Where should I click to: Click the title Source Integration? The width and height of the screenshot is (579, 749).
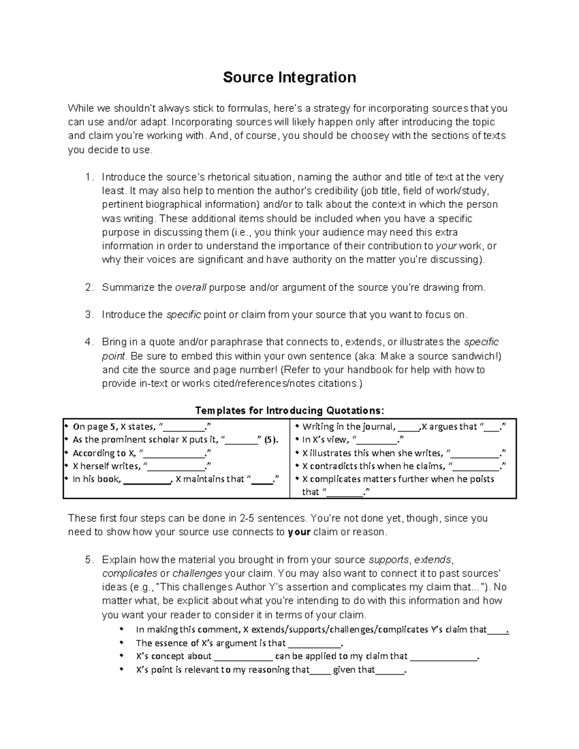(289, 77)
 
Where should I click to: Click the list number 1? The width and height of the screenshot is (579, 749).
(88, 177)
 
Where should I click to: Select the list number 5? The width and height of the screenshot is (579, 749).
(88, 560)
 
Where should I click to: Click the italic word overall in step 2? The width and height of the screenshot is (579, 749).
(190, 287)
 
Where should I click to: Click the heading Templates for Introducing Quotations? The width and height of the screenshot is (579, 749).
(289, 410)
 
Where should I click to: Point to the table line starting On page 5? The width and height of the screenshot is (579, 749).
(142, 426)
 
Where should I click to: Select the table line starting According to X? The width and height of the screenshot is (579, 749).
(142, 453)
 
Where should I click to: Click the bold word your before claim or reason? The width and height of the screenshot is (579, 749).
(299, 532)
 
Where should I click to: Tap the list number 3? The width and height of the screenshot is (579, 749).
(88, 315)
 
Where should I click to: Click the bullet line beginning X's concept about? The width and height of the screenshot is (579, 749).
(307, 656)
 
